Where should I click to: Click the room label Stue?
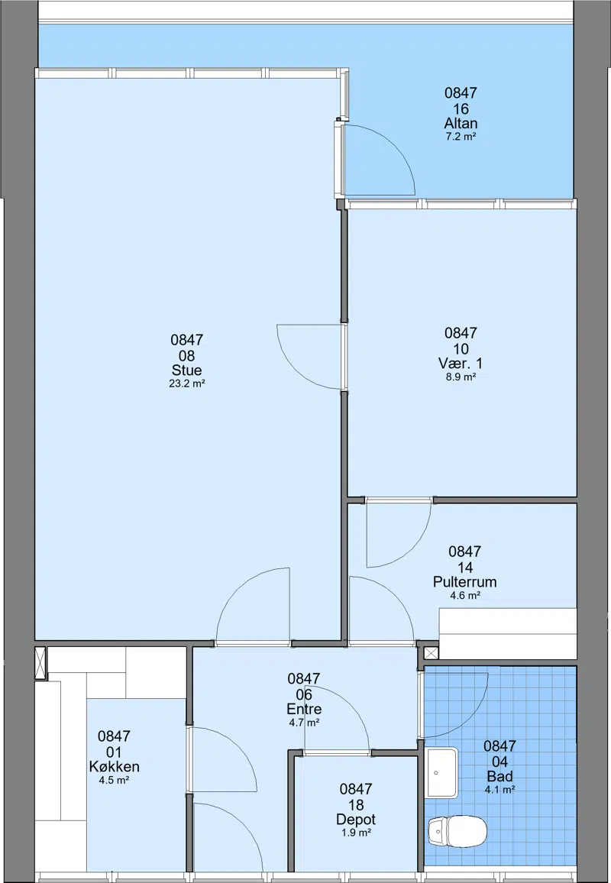coord(186,370)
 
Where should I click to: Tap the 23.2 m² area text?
coord(186,384)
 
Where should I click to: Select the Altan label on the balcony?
coord(461,123)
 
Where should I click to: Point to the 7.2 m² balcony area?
coord(461,136)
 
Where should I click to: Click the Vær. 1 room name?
coord(460,364)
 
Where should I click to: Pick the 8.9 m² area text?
coord(461,377)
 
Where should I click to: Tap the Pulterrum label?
coord(464,582)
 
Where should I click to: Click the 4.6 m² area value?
coord(464,595)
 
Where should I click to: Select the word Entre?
coord(304,709)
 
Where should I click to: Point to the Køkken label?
coord(115,766)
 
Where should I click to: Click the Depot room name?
coord(356,820)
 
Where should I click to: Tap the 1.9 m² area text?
coord(356,833)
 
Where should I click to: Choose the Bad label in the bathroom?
coord(499,777)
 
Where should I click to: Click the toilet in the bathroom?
coord(457,831)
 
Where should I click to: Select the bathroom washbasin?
coord(441,773)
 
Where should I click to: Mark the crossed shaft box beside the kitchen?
coord(40,663)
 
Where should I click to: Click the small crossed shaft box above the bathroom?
coord(431,653)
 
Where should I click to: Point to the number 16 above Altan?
coord(461,108)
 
